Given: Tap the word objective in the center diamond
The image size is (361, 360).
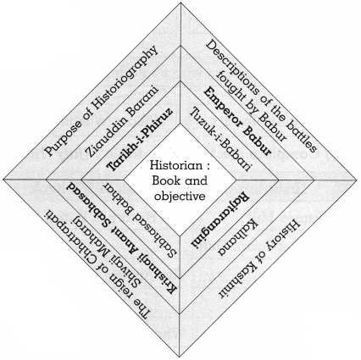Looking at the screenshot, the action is point(180,196).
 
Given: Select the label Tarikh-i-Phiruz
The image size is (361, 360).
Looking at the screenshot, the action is point(140,139).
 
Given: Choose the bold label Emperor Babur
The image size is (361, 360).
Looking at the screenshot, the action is point(238,121).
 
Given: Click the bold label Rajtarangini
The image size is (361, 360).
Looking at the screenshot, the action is point(220,221).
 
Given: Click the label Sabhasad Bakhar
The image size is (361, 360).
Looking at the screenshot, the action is point(142,219).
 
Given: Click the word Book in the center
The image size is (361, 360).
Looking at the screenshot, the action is point(164,180).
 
